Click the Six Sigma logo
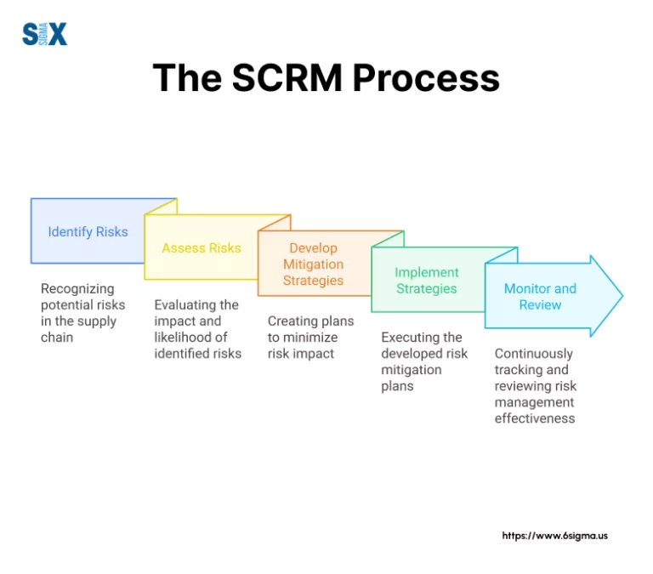[x=44, y=34]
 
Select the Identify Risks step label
[x=88, y=231]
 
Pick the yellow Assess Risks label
[x=202, y=248]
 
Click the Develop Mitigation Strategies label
[x=313, y=264]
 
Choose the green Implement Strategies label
[x=426, y=281]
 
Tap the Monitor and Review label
[x=540, y=297]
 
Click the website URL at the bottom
[x=554, y=536]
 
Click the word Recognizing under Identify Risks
[x=77, y=289]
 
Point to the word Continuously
[x=534, y=354]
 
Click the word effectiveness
[x=535, y=418]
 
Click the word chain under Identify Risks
[x=57, y=338]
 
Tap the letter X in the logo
[x=57, y=34]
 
